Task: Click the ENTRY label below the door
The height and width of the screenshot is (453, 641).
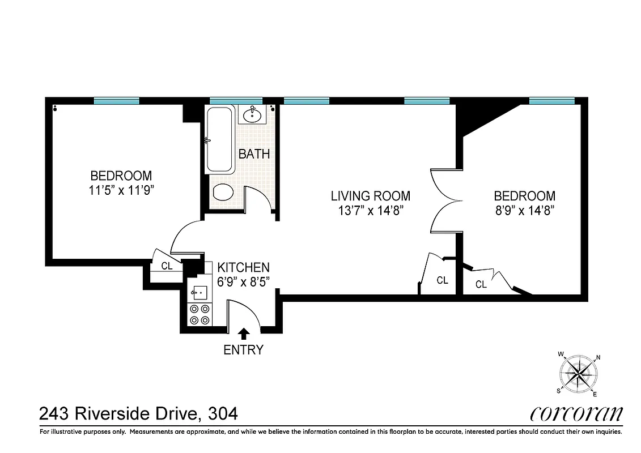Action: pos(243,350)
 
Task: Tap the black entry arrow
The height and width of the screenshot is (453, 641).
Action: pos(244,334)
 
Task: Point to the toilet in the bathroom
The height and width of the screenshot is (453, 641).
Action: pos(222,192)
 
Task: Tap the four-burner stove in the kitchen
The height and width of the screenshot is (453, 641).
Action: pos(199,314)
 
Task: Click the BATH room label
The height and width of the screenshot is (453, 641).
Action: pos(253,154)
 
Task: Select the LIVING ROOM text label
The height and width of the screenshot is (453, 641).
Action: pos(370,196)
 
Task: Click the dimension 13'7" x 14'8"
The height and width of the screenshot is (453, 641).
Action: pos(370,211)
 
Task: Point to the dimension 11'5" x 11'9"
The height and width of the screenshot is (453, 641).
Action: pos(121,190)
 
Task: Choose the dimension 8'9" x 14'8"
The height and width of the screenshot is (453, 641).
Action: pos(524,211)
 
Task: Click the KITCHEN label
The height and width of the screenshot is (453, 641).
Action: pos(244,267)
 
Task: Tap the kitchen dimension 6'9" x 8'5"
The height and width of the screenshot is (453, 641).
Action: pos(244,281)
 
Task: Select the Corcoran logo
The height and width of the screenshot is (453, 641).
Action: pos(576,413)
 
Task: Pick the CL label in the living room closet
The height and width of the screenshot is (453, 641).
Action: pos(442,280)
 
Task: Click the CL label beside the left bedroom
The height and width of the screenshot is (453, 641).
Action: pos(167,266)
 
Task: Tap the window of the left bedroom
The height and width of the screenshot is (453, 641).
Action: pos(116,101)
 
